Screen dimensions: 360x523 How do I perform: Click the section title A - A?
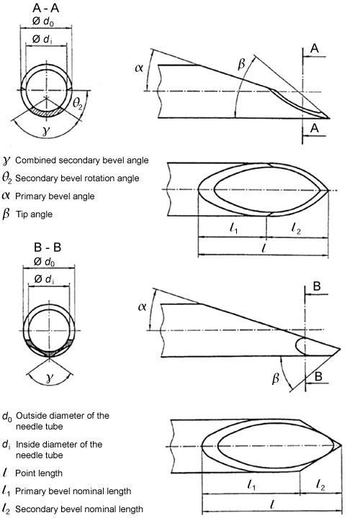46,8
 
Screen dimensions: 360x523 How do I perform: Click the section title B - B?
48,247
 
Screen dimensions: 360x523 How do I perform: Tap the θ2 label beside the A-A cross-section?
77,104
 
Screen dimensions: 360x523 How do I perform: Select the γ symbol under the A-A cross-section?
46,131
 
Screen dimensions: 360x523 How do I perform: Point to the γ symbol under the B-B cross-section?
50,378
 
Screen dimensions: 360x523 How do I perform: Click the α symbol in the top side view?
139,68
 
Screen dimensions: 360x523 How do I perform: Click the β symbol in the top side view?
241,64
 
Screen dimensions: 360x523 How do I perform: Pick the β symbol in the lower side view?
276,378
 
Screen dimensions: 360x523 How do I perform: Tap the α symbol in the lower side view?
142,306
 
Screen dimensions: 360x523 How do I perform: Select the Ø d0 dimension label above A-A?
43,22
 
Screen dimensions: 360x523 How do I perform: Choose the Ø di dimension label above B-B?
45,279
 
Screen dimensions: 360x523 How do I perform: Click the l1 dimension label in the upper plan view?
234,228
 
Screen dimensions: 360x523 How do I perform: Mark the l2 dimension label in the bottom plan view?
320,486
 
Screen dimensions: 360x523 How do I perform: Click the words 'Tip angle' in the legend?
34,214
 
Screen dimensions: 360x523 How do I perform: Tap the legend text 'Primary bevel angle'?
55,196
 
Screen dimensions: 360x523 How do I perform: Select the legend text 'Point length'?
39,473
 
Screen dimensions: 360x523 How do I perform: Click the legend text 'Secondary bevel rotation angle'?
77,178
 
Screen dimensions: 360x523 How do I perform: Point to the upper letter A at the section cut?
315,49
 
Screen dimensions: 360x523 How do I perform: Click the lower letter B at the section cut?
318,376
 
